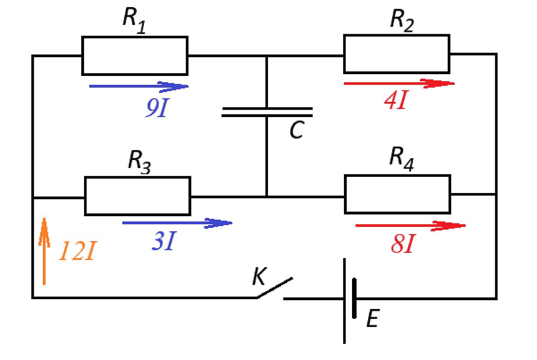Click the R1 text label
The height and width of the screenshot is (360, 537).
click(x=134, y=21)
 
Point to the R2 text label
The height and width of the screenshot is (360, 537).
click(x=402, y=21)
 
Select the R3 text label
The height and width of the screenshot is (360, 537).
click(x=140, y=162)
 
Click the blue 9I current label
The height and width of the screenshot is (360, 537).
click(x=158, y=108)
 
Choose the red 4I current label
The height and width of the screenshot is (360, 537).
click(x=396, y=100)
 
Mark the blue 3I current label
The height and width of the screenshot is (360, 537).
click(x=164, y=241)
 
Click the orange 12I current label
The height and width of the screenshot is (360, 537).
click(x=78, y=251)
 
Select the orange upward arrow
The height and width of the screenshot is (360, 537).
click(x=44, y=251)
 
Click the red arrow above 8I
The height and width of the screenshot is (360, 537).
click(x=410, y=226)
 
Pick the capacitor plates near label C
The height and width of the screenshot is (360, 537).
click(x=267, y=112)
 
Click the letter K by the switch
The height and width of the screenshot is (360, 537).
click(x=260, y=276)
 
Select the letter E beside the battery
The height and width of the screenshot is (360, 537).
click(x=373, y=318)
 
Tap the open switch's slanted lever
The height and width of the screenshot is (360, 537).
click(x=275, y=288)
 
